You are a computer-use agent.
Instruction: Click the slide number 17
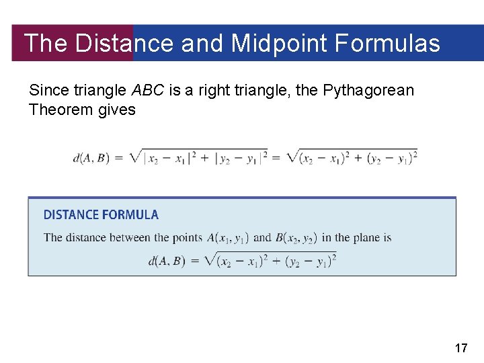[x=461, y=348]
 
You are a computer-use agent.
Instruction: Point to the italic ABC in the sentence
[x=149, y=90]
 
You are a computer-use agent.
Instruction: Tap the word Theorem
[x=61, y=109]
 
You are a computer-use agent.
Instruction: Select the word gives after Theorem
[x=117, y=109]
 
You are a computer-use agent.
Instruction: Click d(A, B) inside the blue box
[x=166, y=261]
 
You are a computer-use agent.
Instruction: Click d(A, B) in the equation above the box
[x=91, y=159]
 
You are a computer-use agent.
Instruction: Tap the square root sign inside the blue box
[x=210, y=259]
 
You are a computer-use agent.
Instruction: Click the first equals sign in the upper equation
[x=118, y=159]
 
